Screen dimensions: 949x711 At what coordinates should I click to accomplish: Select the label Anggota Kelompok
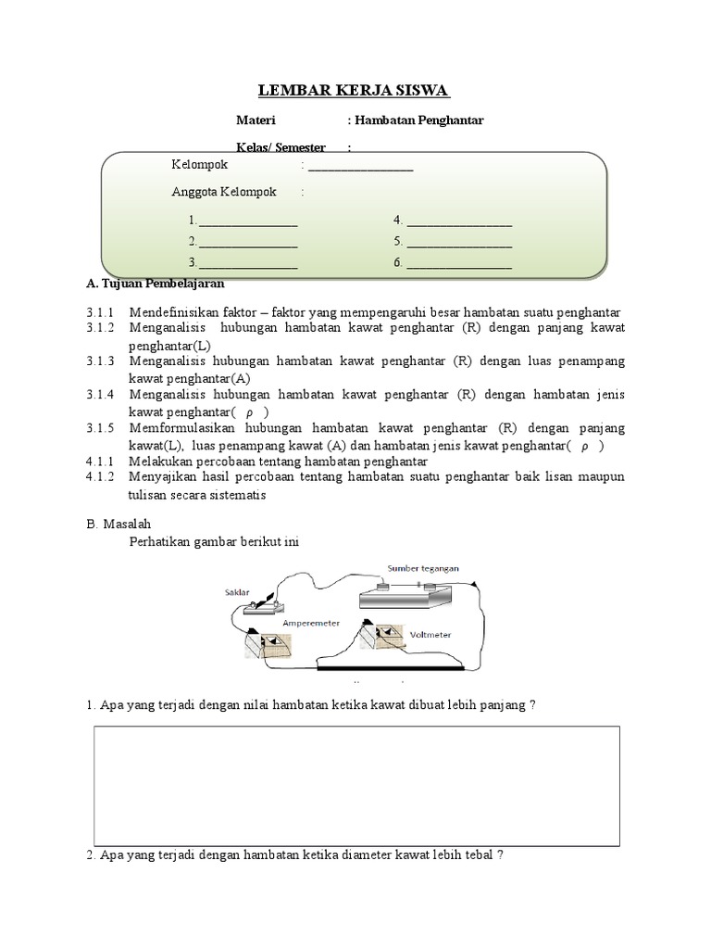224,192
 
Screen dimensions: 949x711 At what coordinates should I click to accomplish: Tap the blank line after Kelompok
360,168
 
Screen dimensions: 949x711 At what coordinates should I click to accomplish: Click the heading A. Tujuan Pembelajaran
155,284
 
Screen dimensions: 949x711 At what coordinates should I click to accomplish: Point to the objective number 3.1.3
99,361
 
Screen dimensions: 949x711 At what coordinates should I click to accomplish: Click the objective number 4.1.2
99,477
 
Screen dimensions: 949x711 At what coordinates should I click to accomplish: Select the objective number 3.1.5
99,429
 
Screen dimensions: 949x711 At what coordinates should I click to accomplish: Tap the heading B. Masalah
118,524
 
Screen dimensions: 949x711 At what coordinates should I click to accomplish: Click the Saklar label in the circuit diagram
237,591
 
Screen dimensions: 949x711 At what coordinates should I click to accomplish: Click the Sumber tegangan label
421,568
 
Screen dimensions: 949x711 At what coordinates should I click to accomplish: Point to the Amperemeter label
313,622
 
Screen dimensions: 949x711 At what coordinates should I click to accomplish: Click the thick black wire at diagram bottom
389,666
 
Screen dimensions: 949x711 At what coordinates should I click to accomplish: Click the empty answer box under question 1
356,786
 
